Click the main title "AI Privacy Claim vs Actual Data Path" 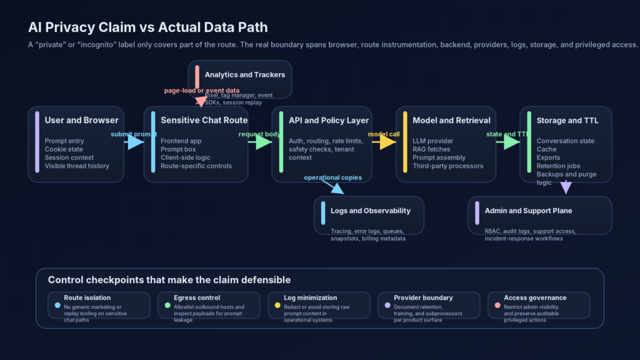(147, 27)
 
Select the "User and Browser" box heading (81, 120)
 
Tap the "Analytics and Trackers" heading (244, 74)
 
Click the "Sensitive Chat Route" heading (204, 120)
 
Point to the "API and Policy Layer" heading (328, 120)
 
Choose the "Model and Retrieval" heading (451, 120)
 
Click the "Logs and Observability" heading (370, 211)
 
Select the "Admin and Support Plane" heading (528, 211)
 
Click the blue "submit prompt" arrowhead (135, 142)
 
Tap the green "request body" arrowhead (262, 142)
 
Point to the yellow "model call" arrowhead (387, 142)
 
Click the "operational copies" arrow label (332, 177)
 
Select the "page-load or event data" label (202, 91)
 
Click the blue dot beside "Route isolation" (57, 306)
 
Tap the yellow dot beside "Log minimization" (277, 306)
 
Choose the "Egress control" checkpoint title (197, 298)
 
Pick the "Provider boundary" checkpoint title (423, 298)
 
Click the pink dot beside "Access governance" (497, 306)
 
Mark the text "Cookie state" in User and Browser (63, 149)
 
